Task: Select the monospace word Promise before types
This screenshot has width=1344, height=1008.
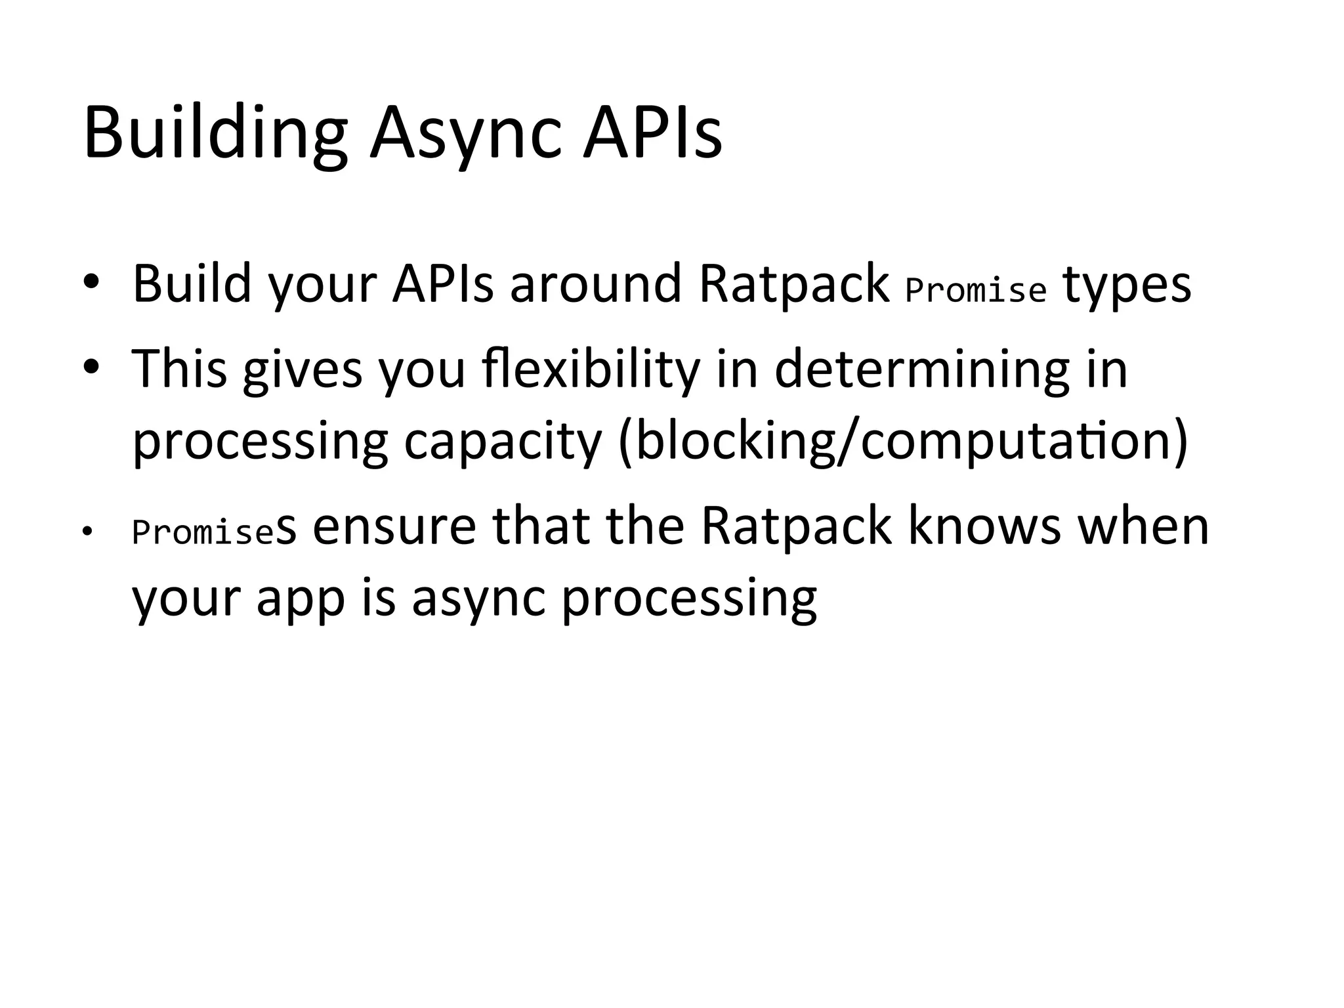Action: pyautogui.click(x=975, y=290)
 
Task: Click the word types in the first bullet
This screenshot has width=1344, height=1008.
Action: pyautogui.click(x=1126, y=286)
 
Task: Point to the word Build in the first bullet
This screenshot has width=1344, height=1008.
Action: pyautogui.click(x=192, y=283)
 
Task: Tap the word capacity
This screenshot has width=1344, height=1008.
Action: pyautogui.click(x=503, y=442)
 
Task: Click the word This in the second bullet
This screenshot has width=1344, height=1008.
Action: pyautogui.click(x=179, y=369)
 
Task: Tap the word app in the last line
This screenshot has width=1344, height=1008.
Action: pyautogui.click(x=301, y=600)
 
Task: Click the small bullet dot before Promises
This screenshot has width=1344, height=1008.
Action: pyautogui.click(x=85, y=532)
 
